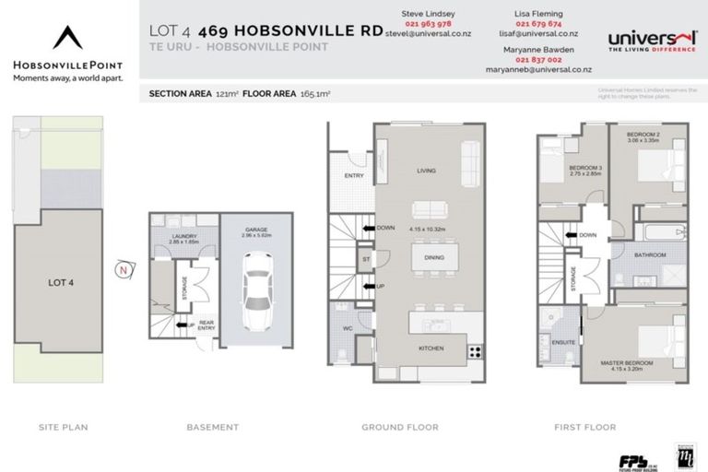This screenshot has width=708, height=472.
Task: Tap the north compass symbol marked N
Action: click(123, 269)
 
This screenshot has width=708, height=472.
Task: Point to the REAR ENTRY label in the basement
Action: click(205, 324)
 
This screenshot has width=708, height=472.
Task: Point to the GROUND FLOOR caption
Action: click(400, 427)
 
